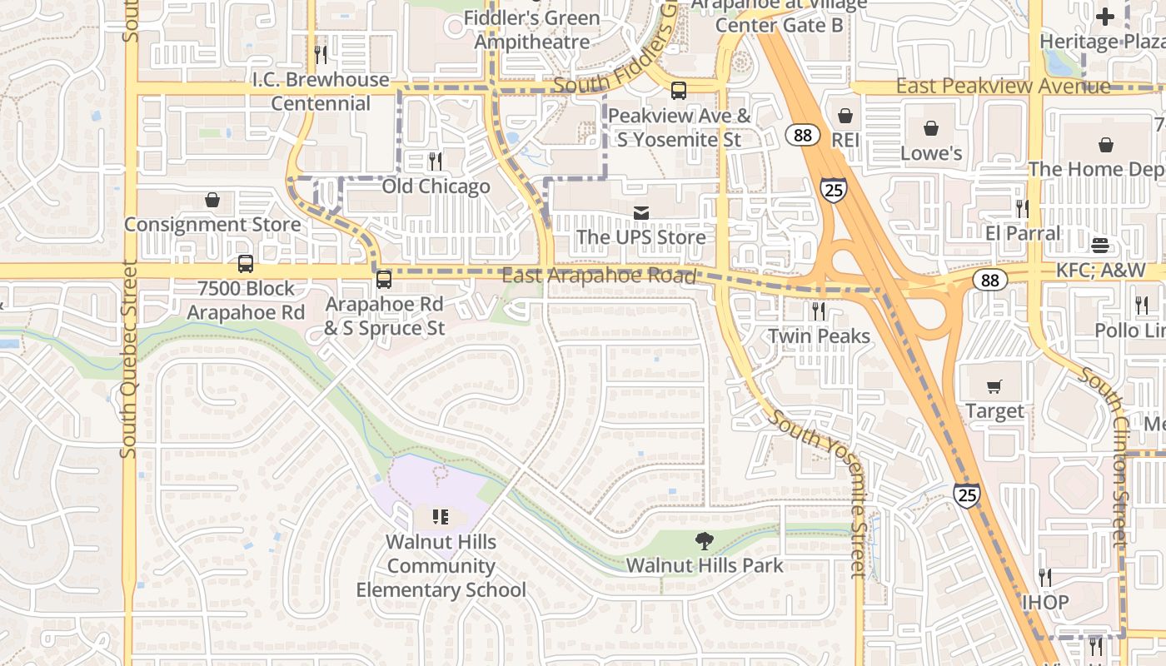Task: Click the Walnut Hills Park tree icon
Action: [705, 541]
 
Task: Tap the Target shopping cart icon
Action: [994, 386]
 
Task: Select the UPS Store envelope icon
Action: [640, 213]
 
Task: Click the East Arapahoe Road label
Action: [599, 276]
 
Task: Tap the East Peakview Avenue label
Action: [1003, 86]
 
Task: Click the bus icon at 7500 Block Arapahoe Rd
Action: [245, 264]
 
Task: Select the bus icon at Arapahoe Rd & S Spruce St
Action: [383, 280]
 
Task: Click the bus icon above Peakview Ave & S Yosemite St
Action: [679, 91]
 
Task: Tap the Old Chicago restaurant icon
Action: [436, 162]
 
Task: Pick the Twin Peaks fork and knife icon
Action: [819, 311]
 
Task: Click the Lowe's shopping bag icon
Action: [931, 128]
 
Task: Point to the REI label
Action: [845, 139]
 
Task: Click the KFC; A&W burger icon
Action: [1100, 245]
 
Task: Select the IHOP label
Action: [1045, 601]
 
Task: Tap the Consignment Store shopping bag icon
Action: [212, 200]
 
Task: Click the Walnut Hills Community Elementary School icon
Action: [441, 517]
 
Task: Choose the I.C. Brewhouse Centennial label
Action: [321, 92]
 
